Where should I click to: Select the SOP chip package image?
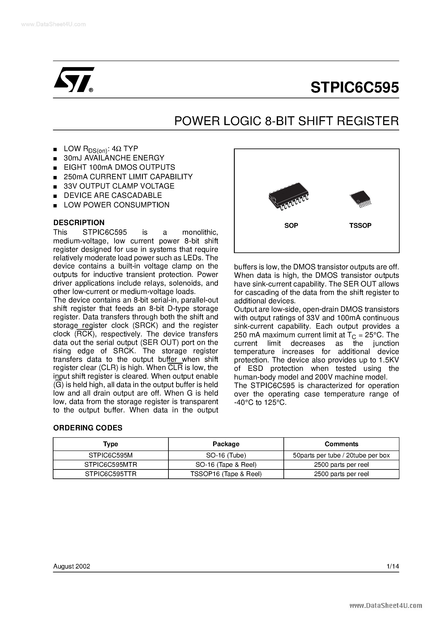click(x=288, y=196)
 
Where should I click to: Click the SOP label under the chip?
click(x=291, y=226)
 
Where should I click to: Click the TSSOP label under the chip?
click(x=360, y=226)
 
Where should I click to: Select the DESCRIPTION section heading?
click(x=79, y=223)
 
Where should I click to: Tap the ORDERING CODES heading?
click(x=88, y=428)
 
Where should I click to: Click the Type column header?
click(x=111, y=444)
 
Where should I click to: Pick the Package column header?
click(x=226, y=444)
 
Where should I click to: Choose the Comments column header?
click(x=341, y=444)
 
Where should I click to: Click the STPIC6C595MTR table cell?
click(x=111, y=465)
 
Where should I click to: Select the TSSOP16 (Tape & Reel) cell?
click(x=226, y=474)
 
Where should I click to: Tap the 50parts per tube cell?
click(x=341, y=455)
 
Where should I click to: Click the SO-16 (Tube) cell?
click(x=226, y=455)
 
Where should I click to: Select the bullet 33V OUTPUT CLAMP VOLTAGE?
click(x=119, y=186)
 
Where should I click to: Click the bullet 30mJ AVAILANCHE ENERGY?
click(x=114, y=158)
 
